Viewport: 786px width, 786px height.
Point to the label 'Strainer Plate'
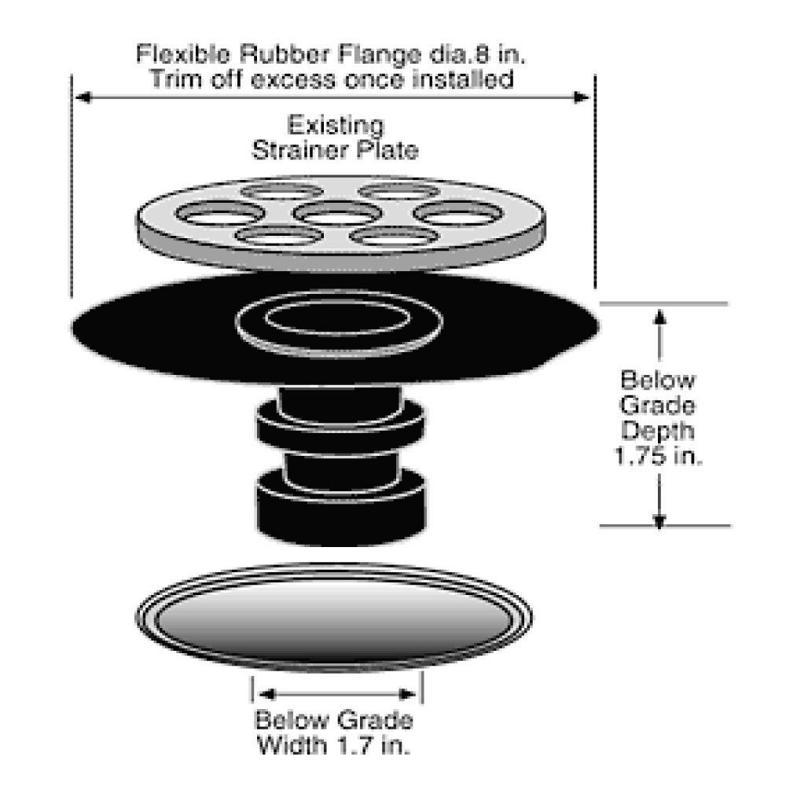pos(335,151)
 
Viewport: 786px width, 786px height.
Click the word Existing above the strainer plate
pos(336,127)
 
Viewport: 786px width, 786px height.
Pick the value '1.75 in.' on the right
pos(658,456)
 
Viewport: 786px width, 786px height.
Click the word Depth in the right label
pos(659,431)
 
